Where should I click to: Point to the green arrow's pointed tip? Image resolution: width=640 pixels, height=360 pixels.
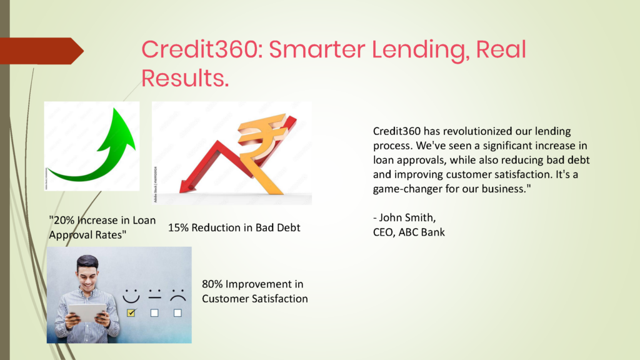pyautogui.click(x=115, y=109)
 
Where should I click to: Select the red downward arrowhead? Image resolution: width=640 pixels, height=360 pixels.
pyautogui.click(x=187, y=187)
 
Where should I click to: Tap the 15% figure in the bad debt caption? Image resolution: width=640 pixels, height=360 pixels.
pyautogui.click(x=178, y=227)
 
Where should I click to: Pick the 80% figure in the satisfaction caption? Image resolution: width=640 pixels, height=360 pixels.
pyautogui.click(x=212, y=284)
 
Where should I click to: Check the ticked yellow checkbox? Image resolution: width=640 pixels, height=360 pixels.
pyautogui.click(x=131, y=312)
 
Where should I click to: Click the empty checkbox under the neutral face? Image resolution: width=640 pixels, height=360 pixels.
pyautogui.click(x=154, y=312)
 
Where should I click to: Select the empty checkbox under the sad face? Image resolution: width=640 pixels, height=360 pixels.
pyautogui.click(x=177, y=312)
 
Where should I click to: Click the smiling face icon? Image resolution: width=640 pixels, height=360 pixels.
pyautogui.click(x=131, y=296)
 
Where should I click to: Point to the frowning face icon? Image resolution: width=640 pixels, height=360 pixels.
pyautogui.click(x=178, y=296)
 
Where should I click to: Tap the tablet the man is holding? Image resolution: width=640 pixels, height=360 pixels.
pyautogui.click(x=87, y=312)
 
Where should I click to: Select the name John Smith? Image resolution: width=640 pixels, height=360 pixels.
pyautogui.click(x=407, y=217)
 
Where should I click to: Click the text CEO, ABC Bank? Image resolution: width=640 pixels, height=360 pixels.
pyautogui.click(x=409, y=232)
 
